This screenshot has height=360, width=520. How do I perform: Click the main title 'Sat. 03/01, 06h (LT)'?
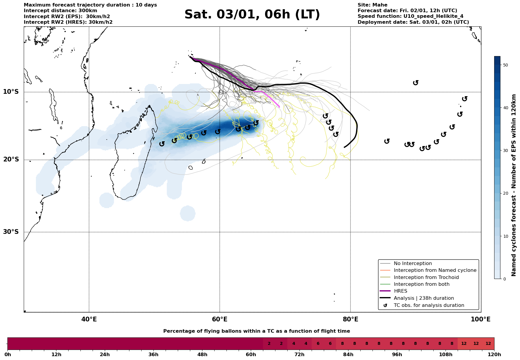(x=252, y=15)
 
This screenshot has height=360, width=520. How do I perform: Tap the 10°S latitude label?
(x=11, y=92)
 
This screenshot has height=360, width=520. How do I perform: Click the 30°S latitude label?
(x=11, y=232)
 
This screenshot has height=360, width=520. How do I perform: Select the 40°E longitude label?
(x=89, y=319)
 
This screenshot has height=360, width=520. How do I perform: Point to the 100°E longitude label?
(x=481, y=319)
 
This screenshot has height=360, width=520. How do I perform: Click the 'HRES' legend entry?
(x=400, y=291)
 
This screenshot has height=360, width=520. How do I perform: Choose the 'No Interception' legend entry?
(x=413, y=264)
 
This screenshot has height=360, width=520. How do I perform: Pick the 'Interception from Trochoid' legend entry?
(x=426, y=277)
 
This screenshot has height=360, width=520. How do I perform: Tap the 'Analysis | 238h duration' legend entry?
(x=424, y=298)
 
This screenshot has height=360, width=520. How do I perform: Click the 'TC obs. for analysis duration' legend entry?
(x=429, y=305)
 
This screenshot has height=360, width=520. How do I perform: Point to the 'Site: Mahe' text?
(x=372, y=5)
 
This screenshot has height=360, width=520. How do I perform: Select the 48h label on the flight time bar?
(x=202, y=355)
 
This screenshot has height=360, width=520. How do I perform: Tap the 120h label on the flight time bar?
(x=494, y=355)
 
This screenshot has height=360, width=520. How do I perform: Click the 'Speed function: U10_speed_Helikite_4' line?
(x=410, y=16)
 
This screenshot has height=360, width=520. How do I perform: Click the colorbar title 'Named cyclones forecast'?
(x=514, y=185)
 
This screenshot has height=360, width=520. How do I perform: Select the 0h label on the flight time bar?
(x=8, y=355)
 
